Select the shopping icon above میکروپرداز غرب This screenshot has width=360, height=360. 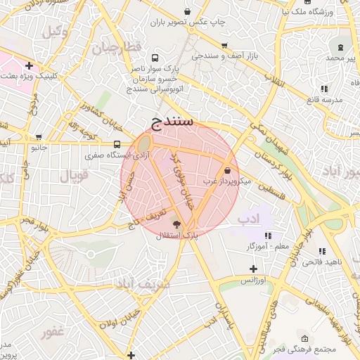[227, 171]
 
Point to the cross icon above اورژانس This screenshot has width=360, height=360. [253, 269]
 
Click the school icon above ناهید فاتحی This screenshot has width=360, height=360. [322, 251]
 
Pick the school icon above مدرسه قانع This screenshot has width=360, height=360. [324, 89]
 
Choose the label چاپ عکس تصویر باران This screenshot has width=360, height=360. [186, 22]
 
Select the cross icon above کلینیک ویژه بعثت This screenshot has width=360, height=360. [27, 65]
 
